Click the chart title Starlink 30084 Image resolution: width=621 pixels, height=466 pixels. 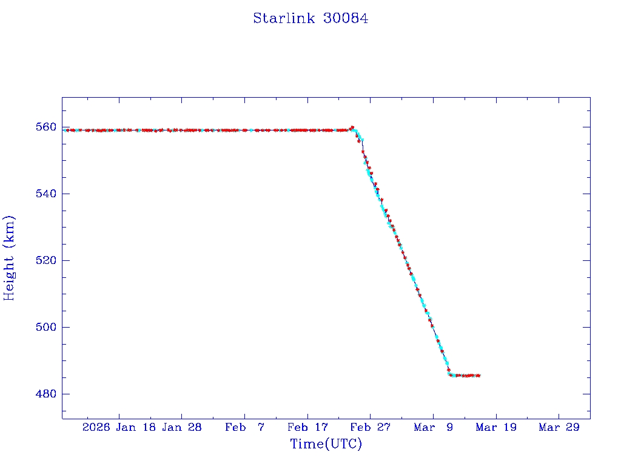[310, 18]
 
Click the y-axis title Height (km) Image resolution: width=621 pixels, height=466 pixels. [9, 258]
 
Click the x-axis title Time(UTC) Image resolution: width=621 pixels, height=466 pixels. [326, 444]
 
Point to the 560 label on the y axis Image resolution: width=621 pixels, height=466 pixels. [46, 127]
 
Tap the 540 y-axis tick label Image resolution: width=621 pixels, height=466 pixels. [46, 194]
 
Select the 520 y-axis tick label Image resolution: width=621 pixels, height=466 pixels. [46, 260]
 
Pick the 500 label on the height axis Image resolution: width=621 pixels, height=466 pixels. [46, 327]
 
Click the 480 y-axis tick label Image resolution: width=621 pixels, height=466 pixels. [46, 394]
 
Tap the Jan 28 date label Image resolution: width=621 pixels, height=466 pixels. [182, 427]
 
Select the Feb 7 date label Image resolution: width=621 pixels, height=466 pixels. [245, 427]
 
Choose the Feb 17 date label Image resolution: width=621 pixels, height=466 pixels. [307, 427]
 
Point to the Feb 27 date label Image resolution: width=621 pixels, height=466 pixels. [370, 427]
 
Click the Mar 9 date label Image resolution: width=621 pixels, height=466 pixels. [433, 427]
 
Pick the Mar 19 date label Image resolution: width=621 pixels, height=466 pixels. [496, 427]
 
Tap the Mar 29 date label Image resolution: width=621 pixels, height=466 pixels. [559, 427]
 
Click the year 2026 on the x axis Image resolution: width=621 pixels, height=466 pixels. [96, 427]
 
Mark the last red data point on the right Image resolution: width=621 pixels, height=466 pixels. [478, 376]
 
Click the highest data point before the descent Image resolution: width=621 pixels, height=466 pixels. [352, 127]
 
